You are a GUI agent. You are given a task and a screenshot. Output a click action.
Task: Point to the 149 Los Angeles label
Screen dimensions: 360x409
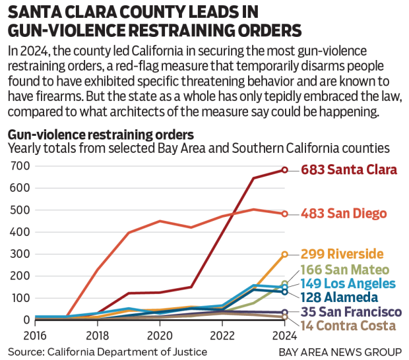pyautogui.click(x=348, y=284)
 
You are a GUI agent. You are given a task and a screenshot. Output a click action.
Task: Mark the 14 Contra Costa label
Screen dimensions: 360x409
pyautogui.click(x=348, y=325)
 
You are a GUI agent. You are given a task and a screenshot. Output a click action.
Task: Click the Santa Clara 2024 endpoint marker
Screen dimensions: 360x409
pyautogui.click(x=284, y=170)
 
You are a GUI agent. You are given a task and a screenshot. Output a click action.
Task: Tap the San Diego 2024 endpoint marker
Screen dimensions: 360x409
pyautogui.click(x=284, y=214)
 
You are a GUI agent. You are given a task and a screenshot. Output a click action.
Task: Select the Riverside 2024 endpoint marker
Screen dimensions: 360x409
pyautogui.click(x=284, y=254)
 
